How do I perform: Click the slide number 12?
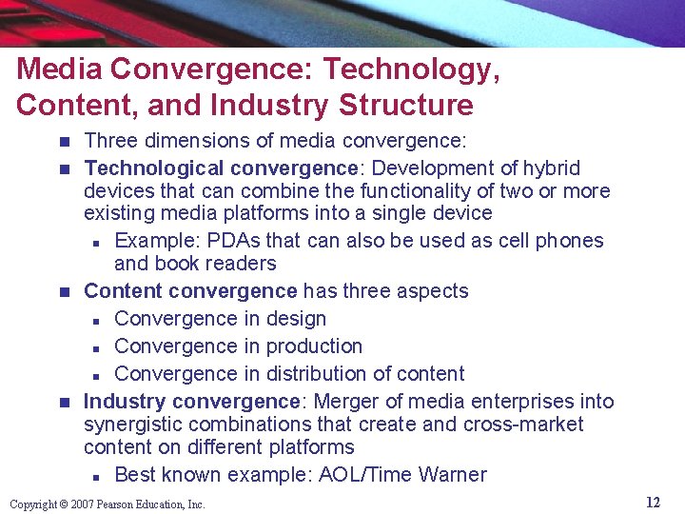click(653, 503)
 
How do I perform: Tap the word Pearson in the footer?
click(114, 504)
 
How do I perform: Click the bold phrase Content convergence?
click(190, 290)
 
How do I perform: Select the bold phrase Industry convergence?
click(192, 401)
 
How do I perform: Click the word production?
click(314, 346)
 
